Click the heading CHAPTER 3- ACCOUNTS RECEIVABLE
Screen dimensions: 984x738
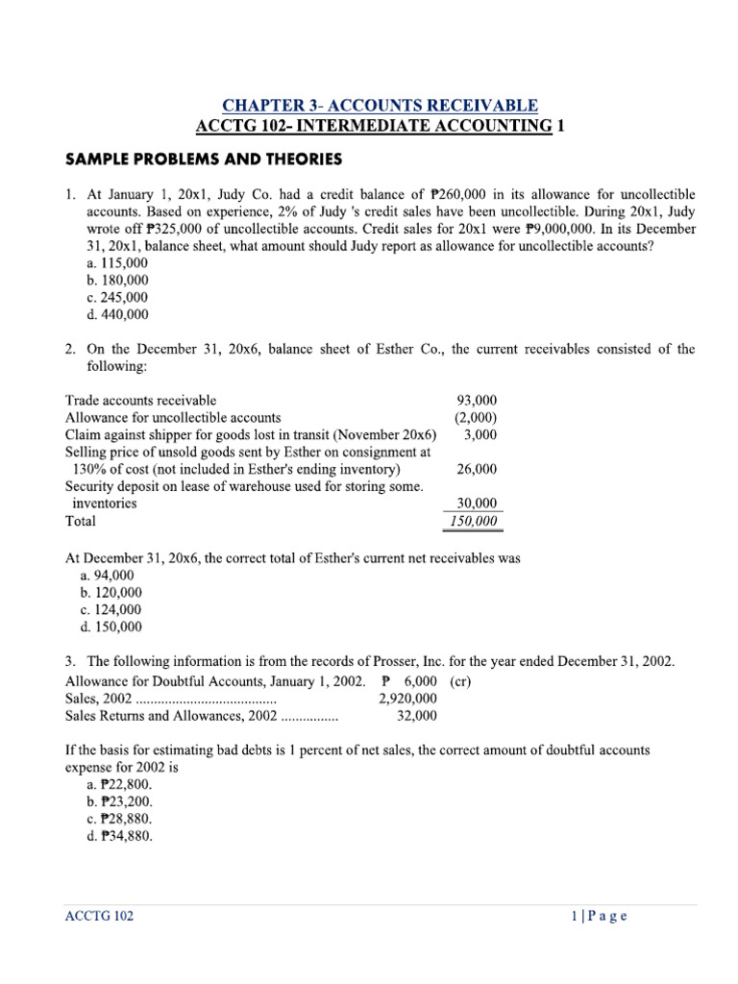(x=380, y=105)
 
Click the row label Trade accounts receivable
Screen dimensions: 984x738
(x=140, y=400)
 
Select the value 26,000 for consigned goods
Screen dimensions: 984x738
(x=476, y=469)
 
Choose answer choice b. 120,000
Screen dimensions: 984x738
(x=112, y=592)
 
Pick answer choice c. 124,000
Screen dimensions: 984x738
(x=112, y=609)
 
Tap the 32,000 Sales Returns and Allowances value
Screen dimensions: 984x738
(x=416, y=716)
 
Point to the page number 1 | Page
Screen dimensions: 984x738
(x=598, y=916)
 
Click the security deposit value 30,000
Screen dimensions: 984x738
(x=476, y=503)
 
